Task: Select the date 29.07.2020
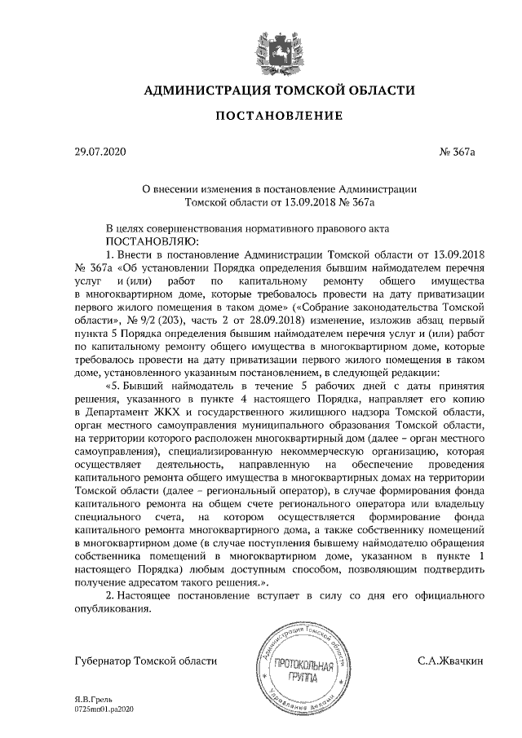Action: [96, 152]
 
